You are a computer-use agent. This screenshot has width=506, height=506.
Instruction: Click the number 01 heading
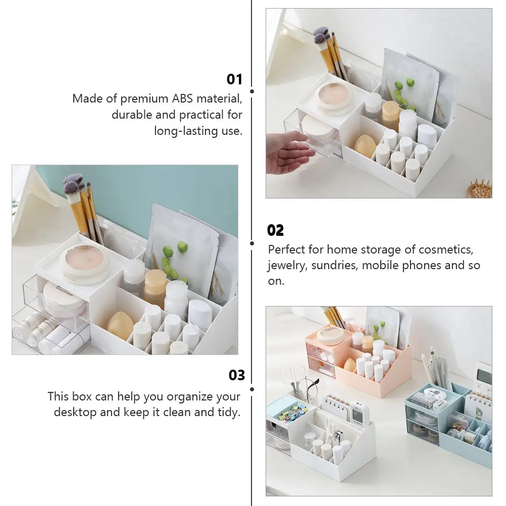tap(234, 79)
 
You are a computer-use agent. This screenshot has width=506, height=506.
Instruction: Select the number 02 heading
tap(275, 231)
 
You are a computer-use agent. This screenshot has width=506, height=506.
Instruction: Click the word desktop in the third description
tap(75, 412)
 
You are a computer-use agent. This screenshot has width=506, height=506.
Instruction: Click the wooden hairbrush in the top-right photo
tap(480, 188)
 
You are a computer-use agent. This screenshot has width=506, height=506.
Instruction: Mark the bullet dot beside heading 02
tap(252, 243)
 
